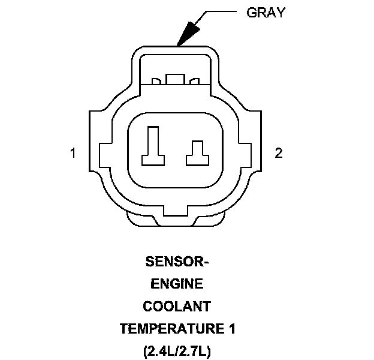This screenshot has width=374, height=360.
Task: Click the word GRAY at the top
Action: point(266,13)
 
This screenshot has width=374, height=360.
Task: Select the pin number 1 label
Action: point(73,153)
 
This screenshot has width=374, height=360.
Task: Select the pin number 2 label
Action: point(278,153)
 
